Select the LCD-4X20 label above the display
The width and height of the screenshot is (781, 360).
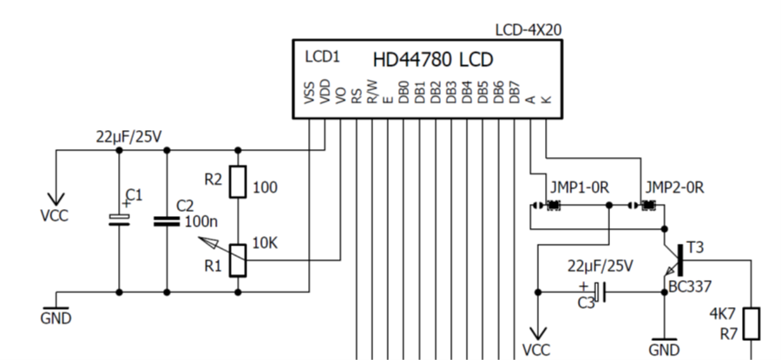click(528, 29)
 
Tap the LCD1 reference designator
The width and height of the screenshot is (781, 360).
click(323, 57)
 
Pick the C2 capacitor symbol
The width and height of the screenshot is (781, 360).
click(166, 220)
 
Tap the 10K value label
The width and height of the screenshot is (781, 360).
click(264, 243)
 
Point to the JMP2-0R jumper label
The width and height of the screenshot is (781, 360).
click(673, 187)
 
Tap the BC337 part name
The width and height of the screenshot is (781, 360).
click(688, 286)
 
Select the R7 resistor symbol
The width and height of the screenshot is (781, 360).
click(751, 323)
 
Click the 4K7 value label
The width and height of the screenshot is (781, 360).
click(723, 313)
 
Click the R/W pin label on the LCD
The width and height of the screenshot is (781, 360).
click(371, 91)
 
